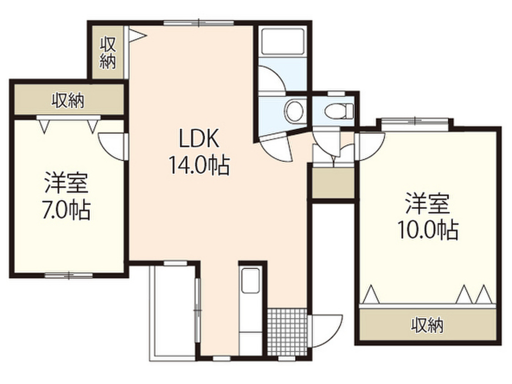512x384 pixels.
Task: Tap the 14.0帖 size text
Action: (198, 165)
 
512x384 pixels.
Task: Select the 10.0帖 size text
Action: (427, 229)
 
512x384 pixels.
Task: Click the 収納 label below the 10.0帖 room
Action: (427, 326)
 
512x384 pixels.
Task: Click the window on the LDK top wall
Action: (198, 22)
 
